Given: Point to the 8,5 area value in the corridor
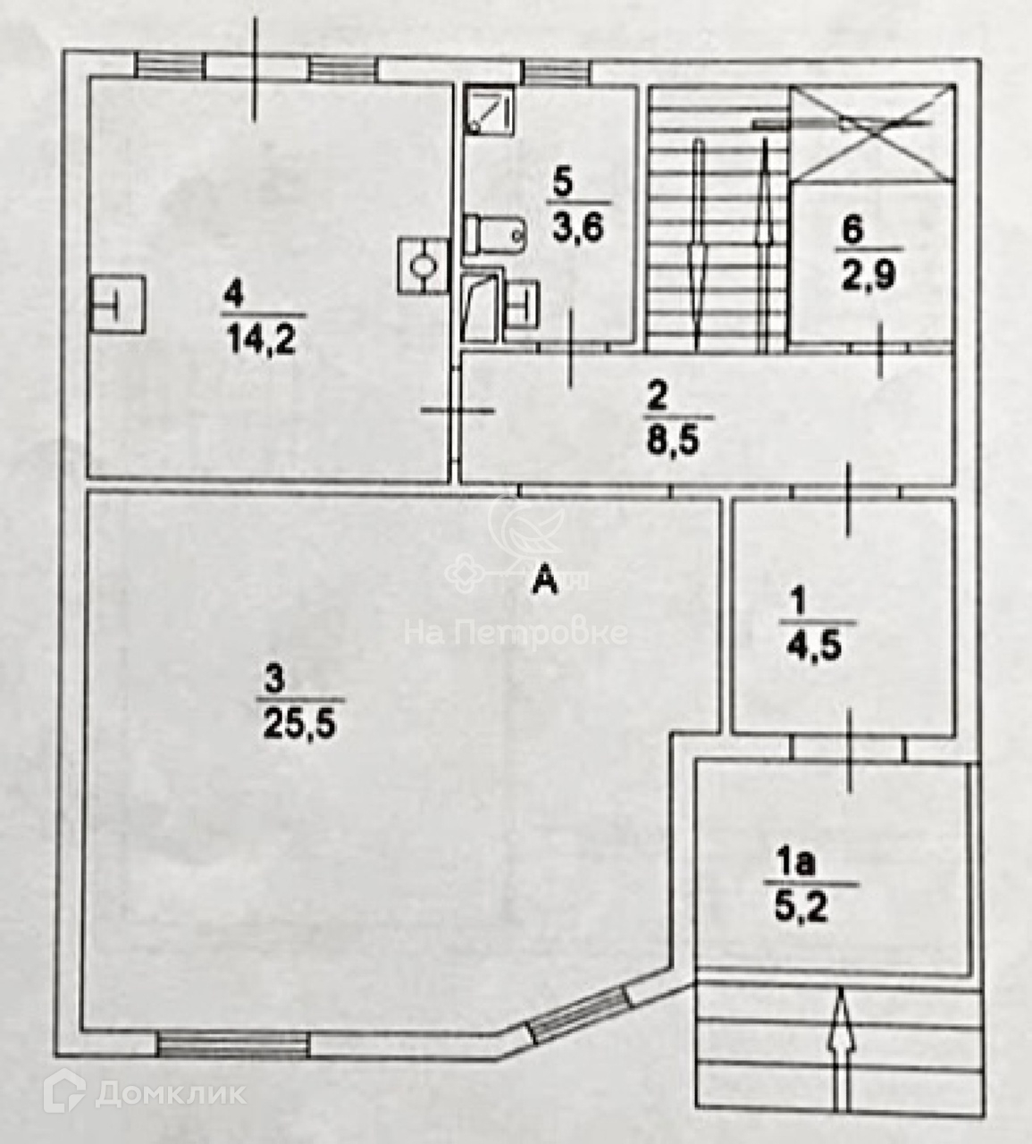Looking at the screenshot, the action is pyautogui.click(x=679, y=441).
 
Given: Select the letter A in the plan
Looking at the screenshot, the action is pyautogui.click(x=544, y=583).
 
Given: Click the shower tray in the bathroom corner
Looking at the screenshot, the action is pyautogui.click(x=490, y=111).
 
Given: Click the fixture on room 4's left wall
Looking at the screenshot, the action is pyautogui.click(x=117, y=305).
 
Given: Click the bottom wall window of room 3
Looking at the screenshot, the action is pyautogui.click(x=233, y=1044).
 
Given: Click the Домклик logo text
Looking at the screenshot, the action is pyautogui.click(x=170, y=1092).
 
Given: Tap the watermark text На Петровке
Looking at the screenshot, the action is pyautogui.click(x=516, y=633).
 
